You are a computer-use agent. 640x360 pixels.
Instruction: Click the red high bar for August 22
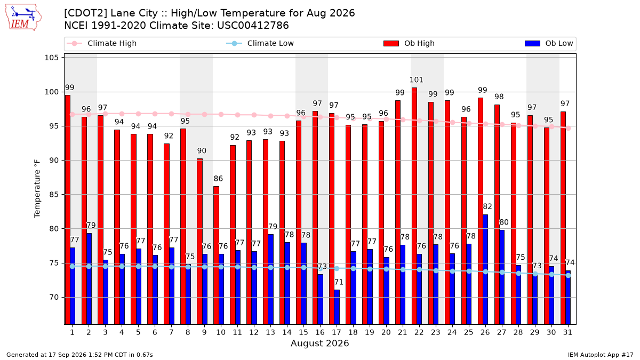pyautogui.click(x=414, y=206)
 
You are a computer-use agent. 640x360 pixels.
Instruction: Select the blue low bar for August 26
pyautogui.click(x=485, y=269)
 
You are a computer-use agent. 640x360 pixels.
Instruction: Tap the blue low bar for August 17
pyautogui.click(x=337, y=307)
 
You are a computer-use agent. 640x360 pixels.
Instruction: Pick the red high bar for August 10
pyautogui.click(x=217, y=255)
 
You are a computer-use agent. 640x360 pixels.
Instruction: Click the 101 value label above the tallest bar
pyautogui.click(x=417, y=79)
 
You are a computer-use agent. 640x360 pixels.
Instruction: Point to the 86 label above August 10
pyautogui.click(x=218, y=179)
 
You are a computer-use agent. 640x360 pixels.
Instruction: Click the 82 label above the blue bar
pyautogui.click(x=487, y=206)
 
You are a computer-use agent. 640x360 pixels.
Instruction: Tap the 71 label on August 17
pyautogui.click(x=339, y=282)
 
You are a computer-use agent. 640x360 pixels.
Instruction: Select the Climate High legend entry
pyautogui.click(x=102, y=43)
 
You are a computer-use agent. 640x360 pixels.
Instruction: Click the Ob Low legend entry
pyautogui.click(x=549, y=43)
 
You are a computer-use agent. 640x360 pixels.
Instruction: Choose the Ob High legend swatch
pyautogui.click(x=391, y=43)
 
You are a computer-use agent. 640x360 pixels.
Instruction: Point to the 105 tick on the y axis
pyautogui.click(x=51, y=58)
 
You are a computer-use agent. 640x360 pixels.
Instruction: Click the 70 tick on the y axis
pyautogui.click(x=54, y=297)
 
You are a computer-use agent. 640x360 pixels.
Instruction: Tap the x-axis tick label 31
pyautogui.click(x=567, y=332)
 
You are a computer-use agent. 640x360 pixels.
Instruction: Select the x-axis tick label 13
pyautogui.click(x=270, y=332)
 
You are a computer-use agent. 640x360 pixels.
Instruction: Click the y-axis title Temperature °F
pyautogui.click(x=37, y=189)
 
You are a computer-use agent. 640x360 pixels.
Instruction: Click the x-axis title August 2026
pyautogui.click(x=319, y=343)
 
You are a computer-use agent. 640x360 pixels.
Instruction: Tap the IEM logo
pyautogui.click(x=23, y=18)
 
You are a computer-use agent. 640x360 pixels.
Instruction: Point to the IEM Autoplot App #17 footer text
pyautogui.click(x=601, y=355)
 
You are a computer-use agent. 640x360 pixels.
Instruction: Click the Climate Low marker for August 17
pyautogui.click(x=337, y=269)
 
